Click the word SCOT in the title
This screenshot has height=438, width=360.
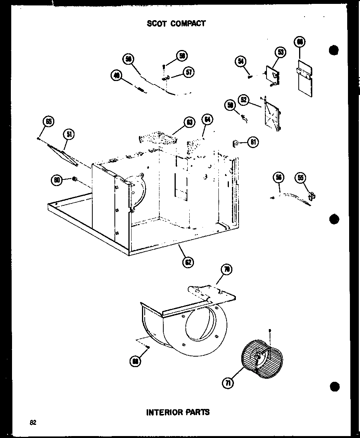156,23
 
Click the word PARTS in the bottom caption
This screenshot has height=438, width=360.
198,412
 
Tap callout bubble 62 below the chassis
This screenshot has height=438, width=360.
188,262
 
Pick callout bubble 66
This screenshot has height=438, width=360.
300,42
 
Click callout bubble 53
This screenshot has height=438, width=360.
280,52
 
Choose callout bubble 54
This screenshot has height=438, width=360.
240,61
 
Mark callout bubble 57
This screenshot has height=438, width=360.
189,72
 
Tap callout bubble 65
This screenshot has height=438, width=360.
48,122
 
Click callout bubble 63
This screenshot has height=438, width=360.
189,123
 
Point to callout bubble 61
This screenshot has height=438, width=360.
253,143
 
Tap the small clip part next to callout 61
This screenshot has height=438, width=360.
235,144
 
